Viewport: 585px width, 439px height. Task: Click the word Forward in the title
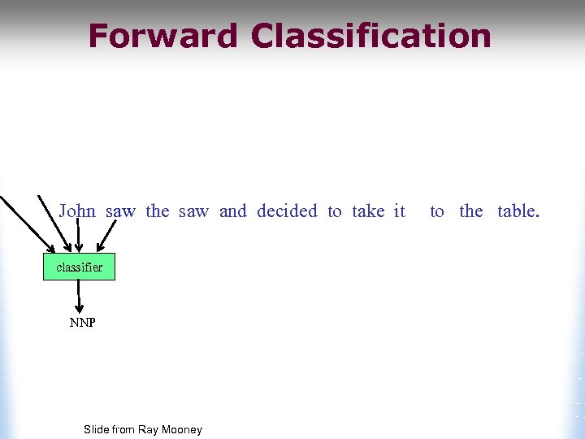tap(162, 37)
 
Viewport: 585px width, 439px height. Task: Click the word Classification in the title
tap(371, 37)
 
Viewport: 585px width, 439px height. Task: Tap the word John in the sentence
tap(77, 211)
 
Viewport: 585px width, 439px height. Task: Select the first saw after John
tap(120, 211)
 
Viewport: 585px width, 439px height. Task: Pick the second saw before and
tap(193, 211)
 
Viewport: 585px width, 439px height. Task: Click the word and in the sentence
tap(232, 211)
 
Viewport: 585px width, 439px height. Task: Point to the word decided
tap(287, 211)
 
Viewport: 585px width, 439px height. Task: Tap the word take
tap(368, 211)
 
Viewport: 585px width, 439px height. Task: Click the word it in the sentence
tap(399, 211)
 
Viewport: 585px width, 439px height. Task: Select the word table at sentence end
tap(517, 211)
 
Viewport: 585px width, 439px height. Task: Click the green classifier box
tap(79, 267)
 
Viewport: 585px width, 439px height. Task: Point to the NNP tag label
tap(82, 323)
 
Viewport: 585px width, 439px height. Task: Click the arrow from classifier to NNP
tap(79, 297)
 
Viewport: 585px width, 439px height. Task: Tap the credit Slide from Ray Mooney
tap(143, 429)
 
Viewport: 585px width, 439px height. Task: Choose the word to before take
tap(335, 211)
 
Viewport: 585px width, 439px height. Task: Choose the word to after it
tap(437, 211)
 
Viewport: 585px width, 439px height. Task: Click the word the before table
tap(471, 211)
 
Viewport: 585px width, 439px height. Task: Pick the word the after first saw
tap(158, 211)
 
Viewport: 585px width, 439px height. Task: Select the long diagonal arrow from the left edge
tap(28, 224)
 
